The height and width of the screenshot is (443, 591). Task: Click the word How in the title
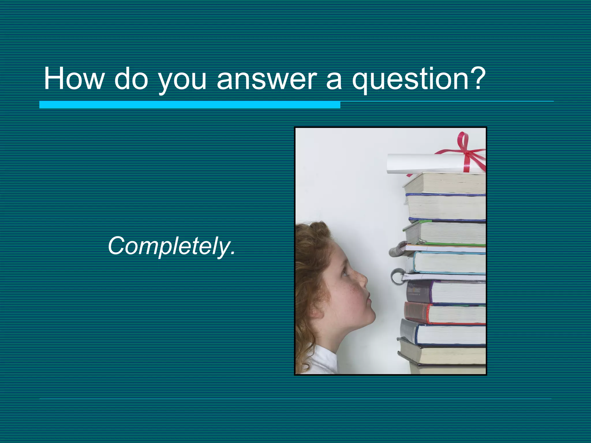74,79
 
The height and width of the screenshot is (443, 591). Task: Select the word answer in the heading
267,79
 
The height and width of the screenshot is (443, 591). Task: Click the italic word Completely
171,246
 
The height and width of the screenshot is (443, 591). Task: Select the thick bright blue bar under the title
190,104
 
